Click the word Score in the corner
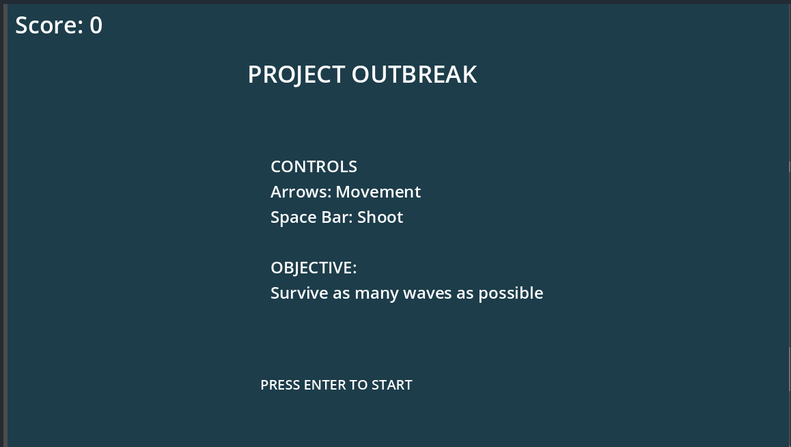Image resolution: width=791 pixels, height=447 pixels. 49,25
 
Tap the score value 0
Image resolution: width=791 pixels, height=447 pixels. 96,25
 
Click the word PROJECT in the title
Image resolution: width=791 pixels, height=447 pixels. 296,75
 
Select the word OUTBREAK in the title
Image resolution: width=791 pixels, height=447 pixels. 414,74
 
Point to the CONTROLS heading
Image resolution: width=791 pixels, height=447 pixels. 314,167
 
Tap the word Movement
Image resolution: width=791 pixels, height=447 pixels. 378,191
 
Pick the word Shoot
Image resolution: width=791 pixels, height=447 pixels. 380,217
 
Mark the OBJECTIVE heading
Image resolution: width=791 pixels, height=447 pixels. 314,268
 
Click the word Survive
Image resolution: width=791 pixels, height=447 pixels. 300,293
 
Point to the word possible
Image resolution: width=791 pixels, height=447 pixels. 510,293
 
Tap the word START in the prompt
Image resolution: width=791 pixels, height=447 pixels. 392,385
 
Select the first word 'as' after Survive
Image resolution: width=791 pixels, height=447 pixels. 342,294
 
